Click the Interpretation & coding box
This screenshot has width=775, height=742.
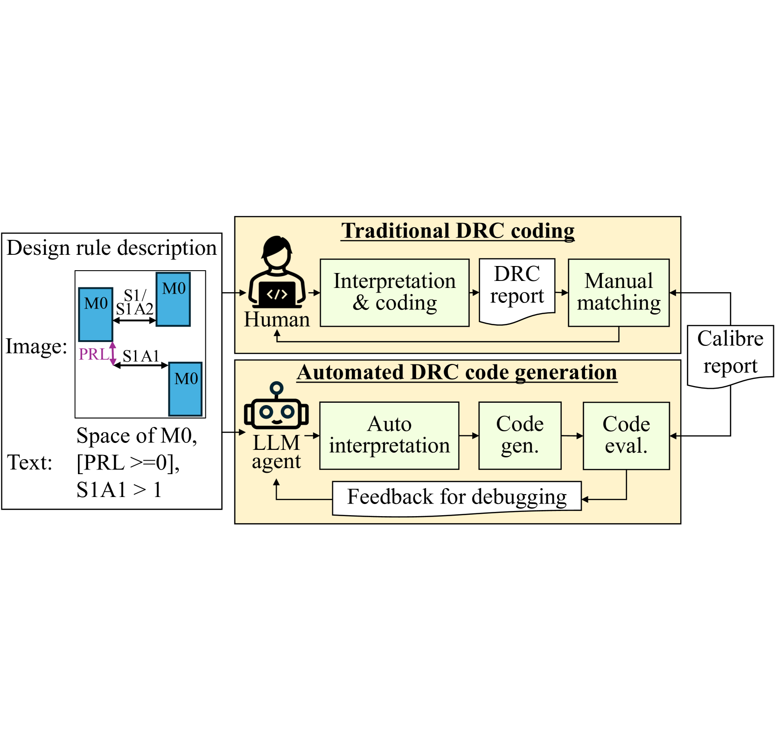pyautogui.click(x=394, y=292)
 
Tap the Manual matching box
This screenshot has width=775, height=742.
pyautogui.click(x=618, y=292)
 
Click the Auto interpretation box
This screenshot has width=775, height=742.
pyautogui.click(x=389, y=435)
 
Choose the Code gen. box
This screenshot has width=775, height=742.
pyautogui.click(x=520, y=435)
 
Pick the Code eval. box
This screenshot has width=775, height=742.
pyautogui.click(x=626, y=435)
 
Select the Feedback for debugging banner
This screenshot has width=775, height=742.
pyautogui.click(x=456, y=497)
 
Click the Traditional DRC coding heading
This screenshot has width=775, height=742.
pyautogui.click(x=457, y=231)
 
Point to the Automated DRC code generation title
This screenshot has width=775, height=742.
pyautogui.click(x=457, y=372)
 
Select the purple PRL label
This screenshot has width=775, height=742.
pyautogui.click(x=93, y=354)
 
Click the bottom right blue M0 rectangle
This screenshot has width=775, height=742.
pyautogui.click(x=185, y=389)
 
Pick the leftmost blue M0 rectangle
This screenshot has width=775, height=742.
pyautogui.click(x=96, y=314)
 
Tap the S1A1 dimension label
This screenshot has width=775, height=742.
pyautogui.click(x=140, y=356)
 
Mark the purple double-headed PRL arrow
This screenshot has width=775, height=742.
pyautogui.click(x=112, y=353)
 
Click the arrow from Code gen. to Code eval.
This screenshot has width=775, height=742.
pyautogui.click(x=572, y=435)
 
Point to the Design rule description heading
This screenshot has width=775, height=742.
pyautogui.click(x=112, y=248)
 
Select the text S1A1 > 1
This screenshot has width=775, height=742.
pyautogui.click(x=119, y=490)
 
